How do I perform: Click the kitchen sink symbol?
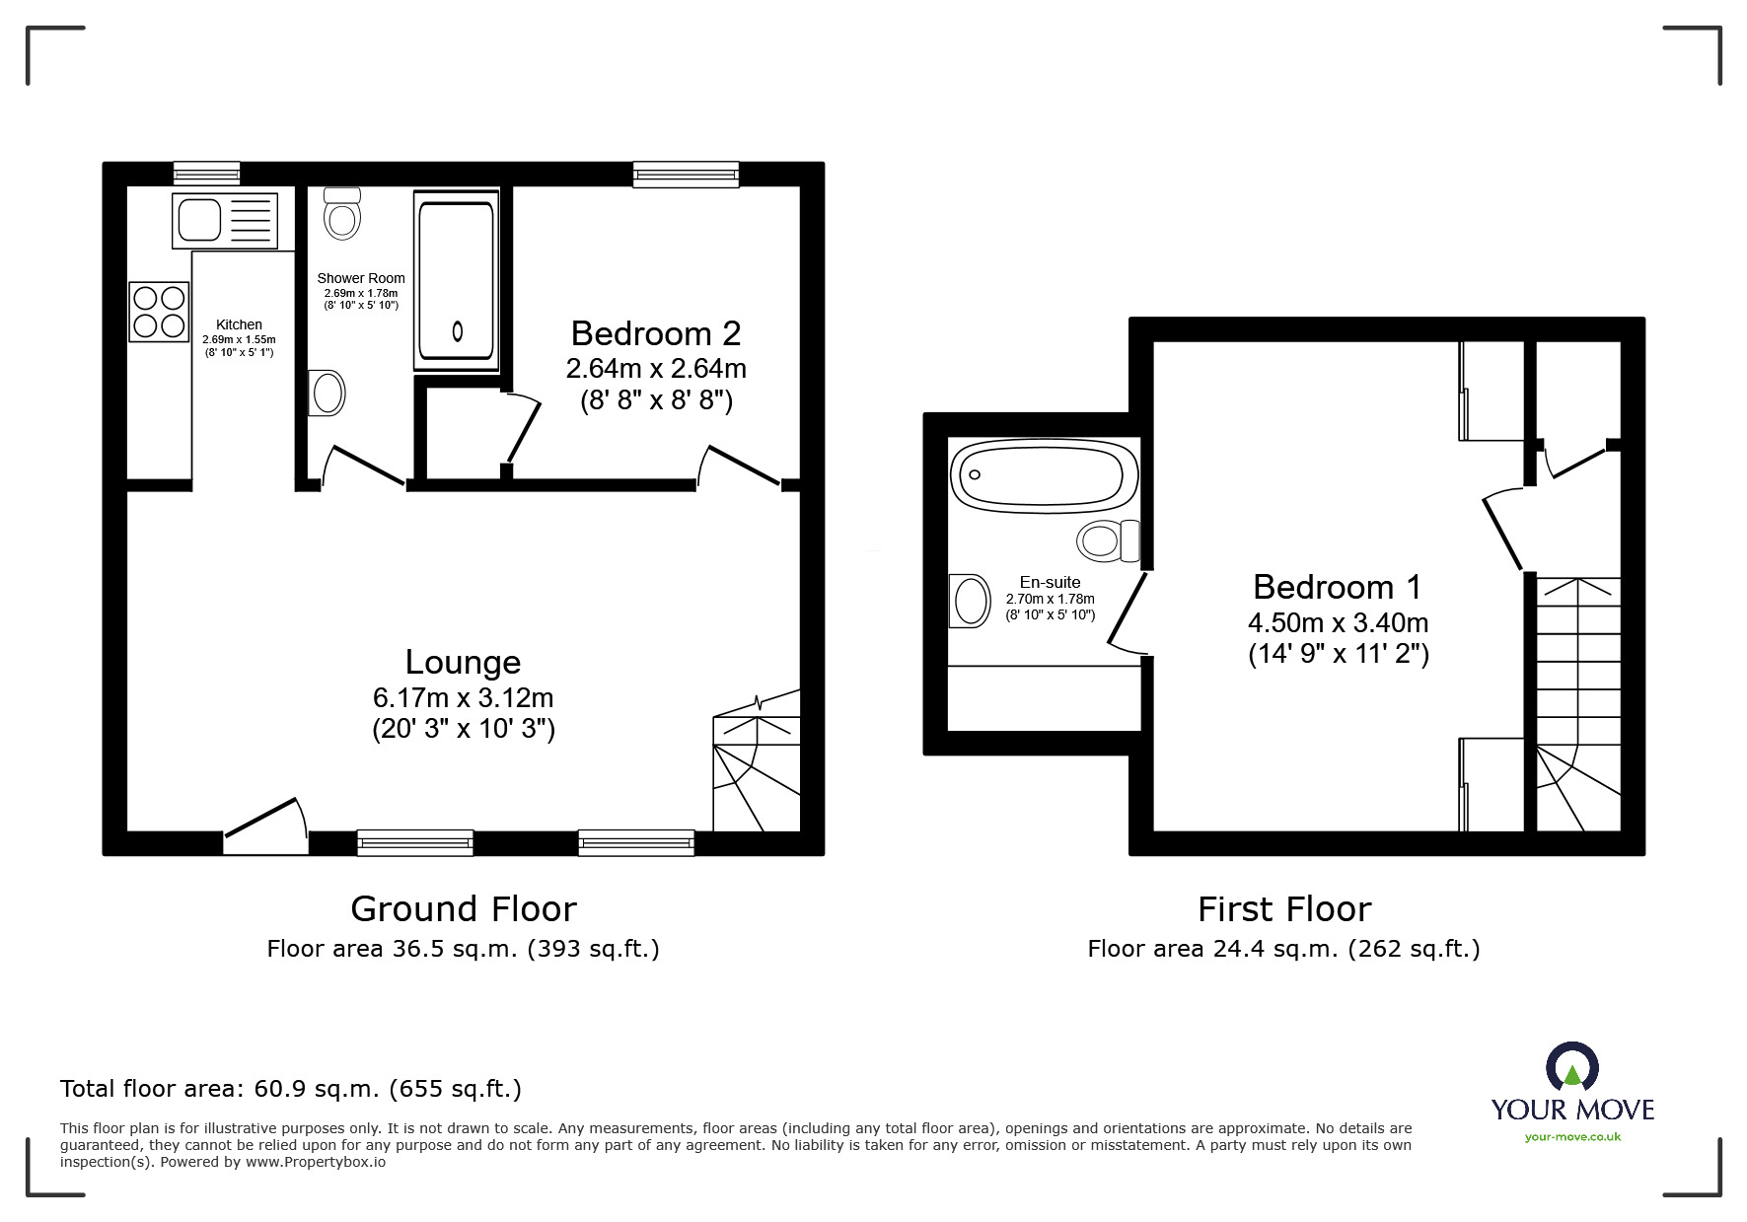225,220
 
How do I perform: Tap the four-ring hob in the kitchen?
159,312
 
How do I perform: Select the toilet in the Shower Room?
342,214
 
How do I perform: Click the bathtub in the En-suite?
1037,475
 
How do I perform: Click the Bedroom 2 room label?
655,333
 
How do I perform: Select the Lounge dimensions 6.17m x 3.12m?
463,698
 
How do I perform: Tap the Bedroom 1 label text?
1337,587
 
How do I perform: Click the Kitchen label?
239,324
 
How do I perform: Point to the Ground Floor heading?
463,908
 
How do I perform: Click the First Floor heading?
1283,908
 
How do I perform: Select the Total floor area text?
291,1089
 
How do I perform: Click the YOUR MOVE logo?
1572,1085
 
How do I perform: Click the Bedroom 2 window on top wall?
685,175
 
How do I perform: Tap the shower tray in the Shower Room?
455,281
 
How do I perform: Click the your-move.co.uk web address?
1572,1137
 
